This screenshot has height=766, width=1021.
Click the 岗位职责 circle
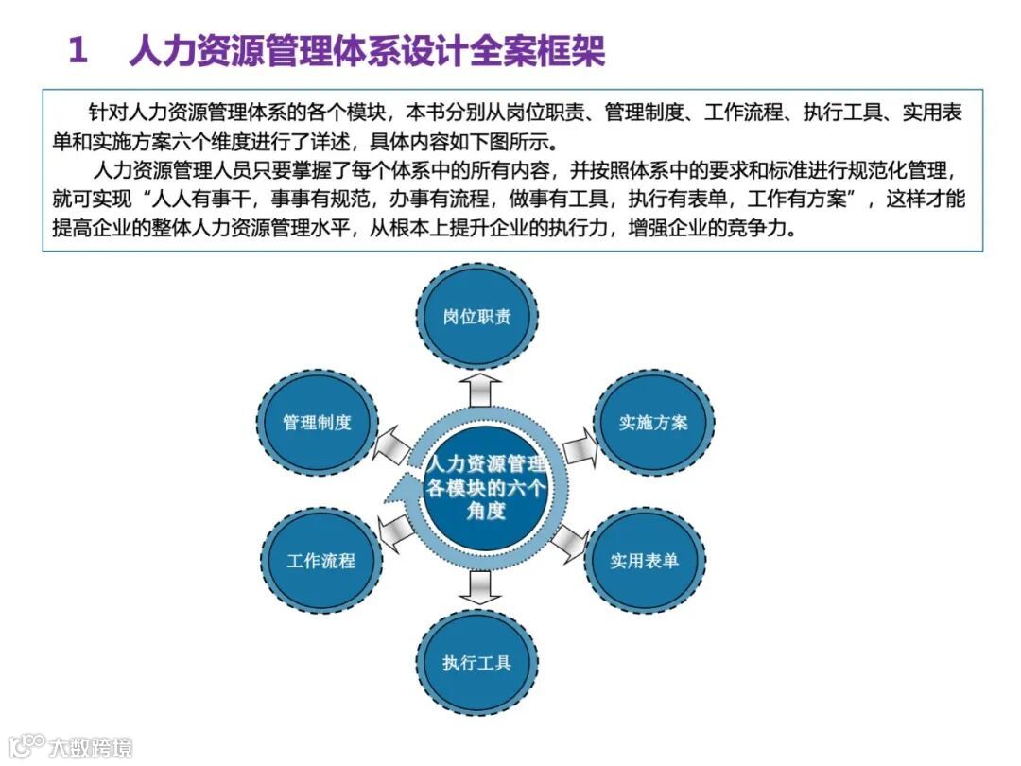pos(477,316)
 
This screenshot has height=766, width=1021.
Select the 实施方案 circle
pos(653,423)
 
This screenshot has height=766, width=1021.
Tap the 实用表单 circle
pos(645,560)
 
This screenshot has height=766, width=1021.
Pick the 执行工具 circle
pos(477,662)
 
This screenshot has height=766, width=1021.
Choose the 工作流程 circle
pos(321,560)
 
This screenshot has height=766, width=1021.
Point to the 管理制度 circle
pos(318,423)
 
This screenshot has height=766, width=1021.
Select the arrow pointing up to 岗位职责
pos(479,387)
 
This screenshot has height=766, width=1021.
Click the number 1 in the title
pos(78,51)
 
